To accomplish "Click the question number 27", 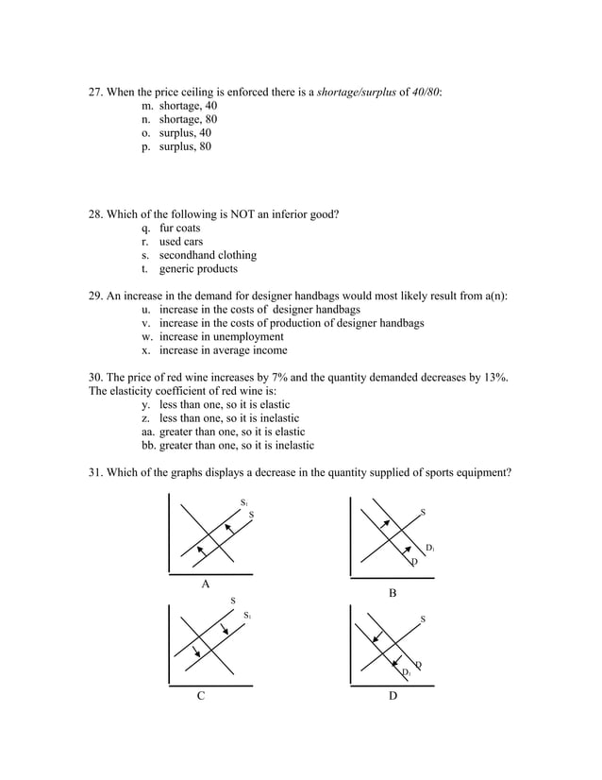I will coord(95,93).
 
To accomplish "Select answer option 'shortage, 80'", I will coord(188,120).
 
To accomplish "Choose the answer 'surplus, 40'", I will coord(185,133).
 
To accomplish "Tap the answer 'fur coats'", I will coord(179,229).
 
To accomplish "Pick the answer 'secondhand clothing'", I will coord(208,255).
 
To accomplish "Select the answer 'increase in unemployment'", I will coord(221,336).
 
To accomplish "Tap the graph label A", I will coord(206,585).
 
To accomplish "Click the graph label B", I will coord(393,593).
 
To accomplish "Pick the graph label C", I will coord(200,697).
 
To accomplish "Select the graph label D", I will coord(393,697).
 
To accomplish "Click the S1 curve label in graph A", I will coord(243,502).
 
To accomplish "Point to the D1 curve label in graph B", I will coord(429,548).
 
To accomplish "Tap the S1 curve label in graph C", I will coord(247,616).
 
